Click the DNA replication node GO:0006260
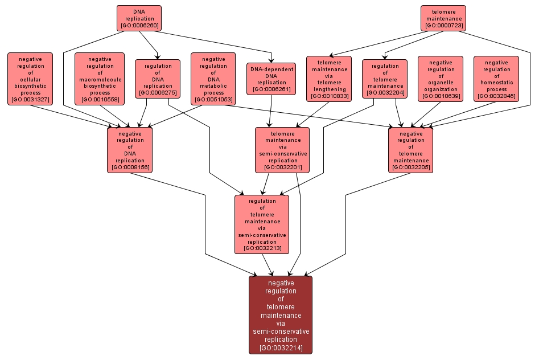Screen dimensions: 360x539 tap(139, 18)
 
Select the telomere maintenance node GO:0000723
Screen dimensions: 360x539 tap(443, 18)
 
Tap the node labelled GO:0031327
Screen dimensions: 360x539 tap(30, 79)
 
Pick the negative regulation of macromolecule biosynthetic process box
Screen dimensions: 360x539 tap(100, 79)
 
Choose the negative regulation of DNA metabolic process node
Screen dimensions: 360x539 tap(213, 79)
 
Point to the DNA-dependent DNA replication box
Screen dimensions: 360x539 tap(271, 79)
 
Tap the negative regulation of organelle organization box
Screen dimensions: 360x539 tap(441, 79)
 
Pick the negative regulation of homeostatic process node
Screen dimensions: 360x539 tap(496, 79)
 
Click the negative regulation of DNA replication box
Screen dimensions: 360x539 tap(130, 150)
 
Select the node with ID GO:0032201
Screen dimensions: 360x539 tap(282, 150)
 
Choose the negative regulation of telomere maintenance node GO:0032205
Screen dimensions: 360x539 tap(410, 150)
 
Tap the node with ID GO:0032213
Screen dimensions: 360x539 tap(262, 224)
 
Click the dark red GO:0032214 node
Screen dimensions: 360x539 tap(281, 315)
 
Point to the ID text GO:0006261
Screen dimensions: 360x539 tap(271, 89)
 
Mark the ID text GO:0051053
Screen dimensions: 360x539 tap(213, 100)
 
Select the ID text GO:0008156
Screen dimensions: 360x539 tap(130, 167)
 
